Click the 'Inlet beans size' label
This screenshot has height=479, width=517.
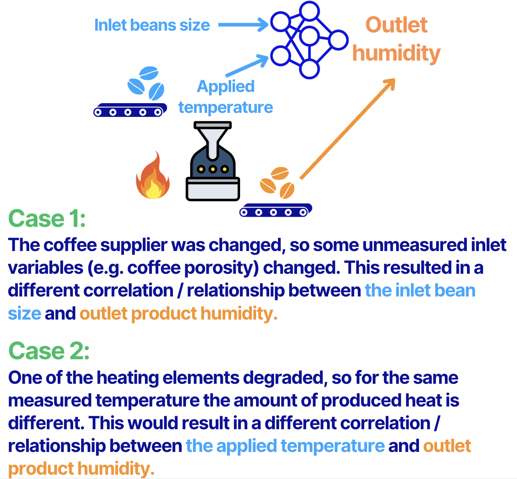pos(152,25)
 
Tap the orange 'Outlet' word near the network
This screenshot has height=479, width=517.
pos(396,25)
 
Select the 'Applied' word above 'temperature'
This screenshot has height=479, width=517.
pos(226,87)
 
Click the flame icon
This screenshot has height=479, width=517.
pos(153,177)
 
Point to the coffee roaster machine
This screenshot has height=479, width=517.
pos(213,170)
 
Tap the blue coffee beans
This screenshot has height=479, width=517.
pos(146,83)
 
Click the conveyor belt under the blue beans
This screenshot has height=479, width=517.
pos(130,110)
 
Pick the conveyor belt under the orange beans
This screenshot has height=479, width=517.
pos(275,210)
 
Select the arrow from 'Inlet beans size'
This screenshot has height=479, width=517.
pos(243,25)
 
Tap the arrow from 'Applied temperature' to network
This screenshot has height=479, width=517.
pos(247,66)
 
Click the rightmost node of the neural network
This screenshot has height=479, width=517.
pos(338,39)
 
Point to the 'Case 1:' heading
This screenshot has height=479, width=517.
pos(47,219)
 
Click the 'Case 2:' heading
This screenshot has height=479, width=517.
pos(49,351)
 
